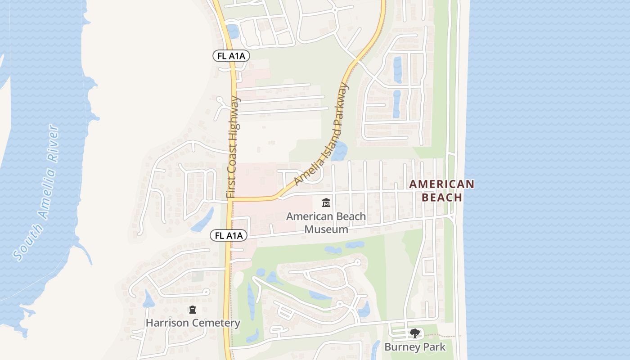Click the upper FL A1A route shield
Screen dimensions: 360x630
click(x=231, y=56)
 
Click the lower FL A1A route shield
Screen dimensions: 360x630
click(x=229, y=235)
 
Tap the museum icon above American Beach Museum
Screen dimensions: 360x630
click(x=326, y=203)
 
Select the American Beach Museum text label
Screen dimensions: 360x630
click(x=326, y=223)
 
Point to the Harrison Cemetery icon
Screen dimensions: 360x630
click(x=193, y=310)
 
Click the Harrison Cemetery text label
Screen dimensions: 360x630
click(x=193, y=323)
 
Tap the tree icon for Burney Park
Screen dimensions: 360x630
click(x=414, y=333)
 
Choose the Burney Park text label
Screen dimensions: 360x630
click(x=414, y=347)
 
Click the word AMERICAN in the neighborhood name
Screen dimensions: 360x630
click(x=442, y=184)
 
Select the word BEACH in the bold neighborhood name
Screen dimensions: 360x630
click(x=442, y=198)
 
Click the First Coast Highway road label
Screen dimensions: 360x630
click(x=232, y=147)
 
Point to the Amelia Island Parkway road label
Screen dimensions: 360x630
click(x=321, y=134)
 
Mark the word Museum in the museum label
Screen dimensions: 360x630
click(x=326, y=229)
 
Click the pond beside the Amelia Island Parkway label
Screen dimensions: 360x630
click(x=340, y=151)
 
